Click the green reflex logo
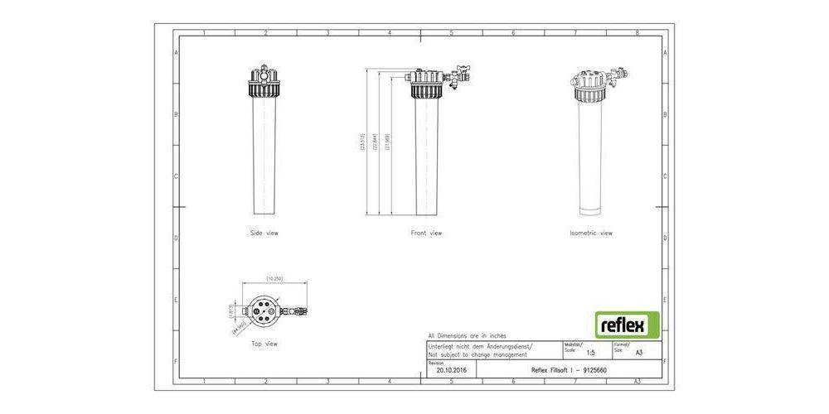[x=628, y=324]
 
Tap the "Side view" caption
[x=264, y=233]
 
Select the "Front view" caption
[x=426, y=233]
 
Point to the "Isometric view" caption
[x=591, y=233]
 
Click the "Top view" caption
[x=264, y=343]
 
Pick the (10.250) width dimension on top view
[x=275, y=279]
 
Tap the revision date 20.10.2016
[x=451, y=370]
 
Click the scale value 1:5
[x=590, y=352]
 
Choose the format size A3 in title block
[x=638, y=352]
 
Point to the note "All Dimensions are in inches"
[x=466, y=335]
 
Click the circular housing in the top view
[x=264, y=312]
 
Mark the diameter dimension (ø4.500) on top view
[x=240, y=327]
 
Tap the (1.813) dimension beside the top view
[x=232, y=311]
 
